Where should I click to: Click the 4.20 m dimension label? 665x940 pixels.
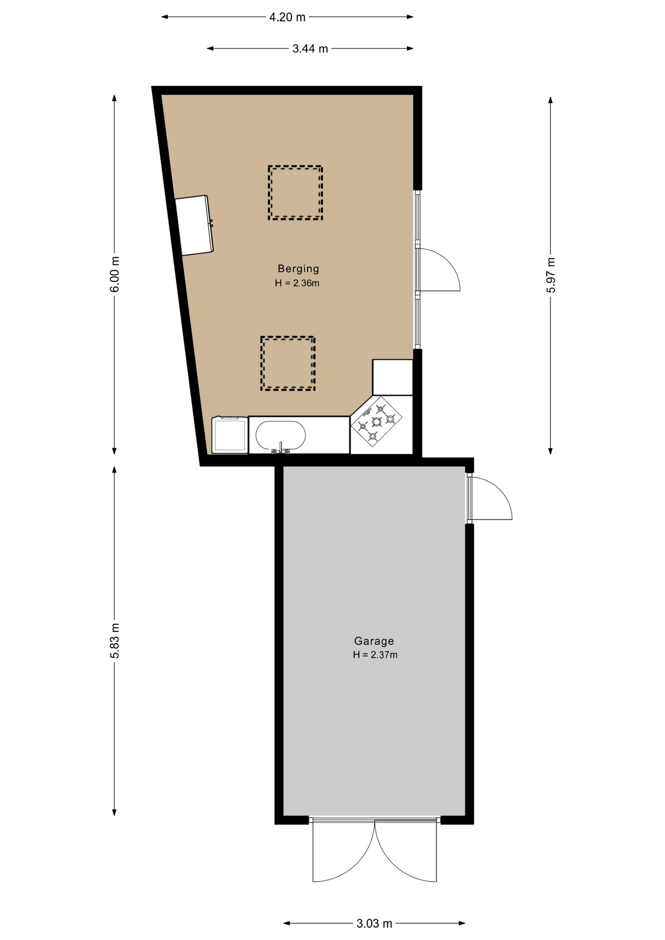pyautogui.click(x=287, y=17)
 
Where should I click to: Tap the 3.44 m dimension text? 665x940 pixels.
pyautogui.click(x=310, y=48)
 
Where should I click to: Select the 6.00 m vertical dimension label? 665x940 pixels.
pyautogui.click(x=114, y=274)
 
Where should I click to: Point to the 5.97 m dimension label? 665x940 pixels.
pyautogui.click(x=551, y=275)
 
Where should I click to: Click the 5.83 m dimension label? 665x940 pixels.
pyautogui.click(x=114, y=641)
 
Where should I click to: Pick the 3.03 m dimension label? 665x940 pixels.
pyautogui.click(x=374, y=923)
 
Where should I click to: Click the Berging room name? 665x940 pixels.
pyautogui.click(x=298, y=268)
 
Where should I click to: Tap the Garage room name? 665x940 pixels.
pyautogui.click(x=374, y=640)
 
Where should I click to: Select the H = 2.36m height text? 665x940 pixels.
pyautogui.click(x=297, y=283)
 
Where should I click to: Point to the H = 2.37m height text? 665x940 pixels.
pyautogui.click(x=375, y=655)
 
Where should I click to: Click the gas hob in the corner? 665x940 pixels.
pyautogui.click(x=377, y=421)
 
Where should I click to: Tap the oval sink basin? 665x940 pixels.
pyautogui.click(x=281, y=435)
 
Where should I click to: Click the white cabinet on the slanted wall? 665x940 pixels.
pyautogui.click(x=194, y=225)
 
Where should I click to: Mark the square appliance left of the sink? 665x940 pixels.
pyautogui.click(x=230, y=435)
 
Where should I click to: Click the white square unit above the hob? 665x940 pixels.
pyautogui.click(x=392, y=377)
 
